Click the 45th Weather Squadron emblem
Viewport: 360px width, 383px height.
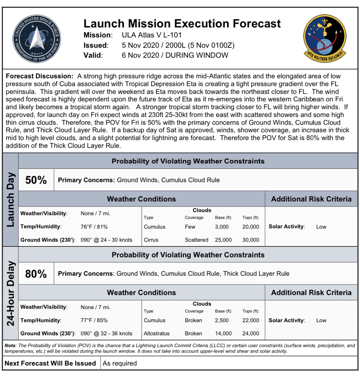tap(324, 38)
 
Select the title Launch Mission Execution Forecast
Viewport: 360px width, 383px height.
tap(182, 23)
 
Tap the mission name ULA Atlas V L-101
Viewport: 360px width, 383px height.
tap(151, 35)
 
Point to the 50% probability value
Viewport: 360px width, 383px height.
tap(36, 180)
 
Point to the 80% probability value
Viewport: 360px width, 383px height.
tap(36, 274)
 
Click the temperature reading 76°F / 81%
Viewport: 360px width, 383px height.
tap(94, 227)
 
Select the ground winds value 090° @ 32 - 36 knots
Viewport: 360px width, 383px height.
tap(106, 333)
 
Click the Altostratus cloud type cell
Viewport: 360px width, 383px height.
tap(156, 333)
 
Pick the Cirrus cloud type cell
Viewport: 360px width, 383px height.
tap(151, 240)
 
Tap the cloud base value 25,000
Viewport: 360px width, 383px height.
tap(223, 240)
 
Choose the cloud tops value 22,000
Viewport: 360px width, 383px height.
tap(251, 320)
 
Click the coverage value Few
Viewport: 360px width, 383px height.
tap(190, 227)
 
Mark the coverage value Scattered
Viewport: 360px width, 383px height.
tap(196, 240)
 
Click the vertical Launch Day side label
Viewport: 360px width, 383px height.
tap(11, 200)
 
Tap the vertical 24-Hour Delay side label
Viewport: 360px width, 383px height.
tap(11, 293)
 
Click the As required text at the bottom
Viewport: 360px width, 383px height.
tap(120, 363)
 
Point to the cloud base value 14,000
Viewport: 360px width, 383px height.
tap(223, 333)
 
